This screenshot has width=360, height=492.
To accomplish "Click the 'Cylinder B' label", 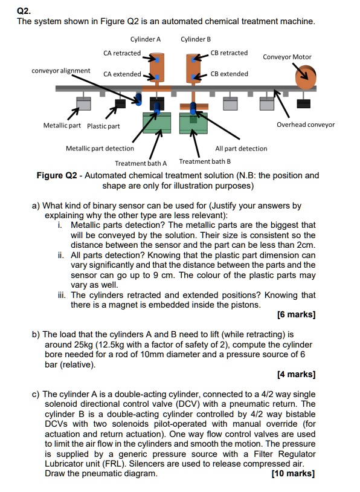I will pos(196,39).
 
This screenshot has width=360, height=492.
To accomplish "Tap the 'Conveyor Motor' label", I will pos(288,57).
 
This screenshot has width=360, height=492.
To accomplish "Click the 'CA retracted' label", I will pos(122,53).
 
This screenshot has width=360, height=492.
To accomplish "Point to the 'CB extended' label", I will pos(230,74).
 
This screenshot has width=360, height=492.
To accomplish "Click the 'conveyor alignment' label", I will pos(61,71).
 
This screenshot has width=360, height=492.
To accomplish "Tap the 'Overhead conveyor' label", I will pos(305,125).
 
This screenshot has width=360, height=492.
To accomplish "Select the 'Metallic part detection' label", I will pos(100,148).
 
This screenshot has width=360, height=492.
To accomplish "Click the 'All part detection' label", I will pos(241,148).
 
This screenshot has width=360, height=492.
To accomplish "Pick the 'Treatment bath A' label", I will pos(141,163).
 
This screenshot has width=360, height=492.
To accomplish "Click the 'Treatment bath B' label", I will pos(205,161).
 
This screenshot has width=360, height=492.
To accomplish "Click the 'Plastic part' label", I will pos(103,126).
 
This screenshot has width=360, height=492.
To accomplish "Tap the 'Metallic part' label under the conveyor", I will pos(62,125).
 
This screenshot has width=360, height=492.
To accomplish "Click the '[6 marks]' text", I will pos(296,314).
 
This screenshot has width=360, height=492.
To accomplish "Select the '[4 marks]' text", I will pos(296,374).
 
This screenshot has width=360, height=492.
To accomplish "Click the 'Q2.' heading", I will pos(24,10).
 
